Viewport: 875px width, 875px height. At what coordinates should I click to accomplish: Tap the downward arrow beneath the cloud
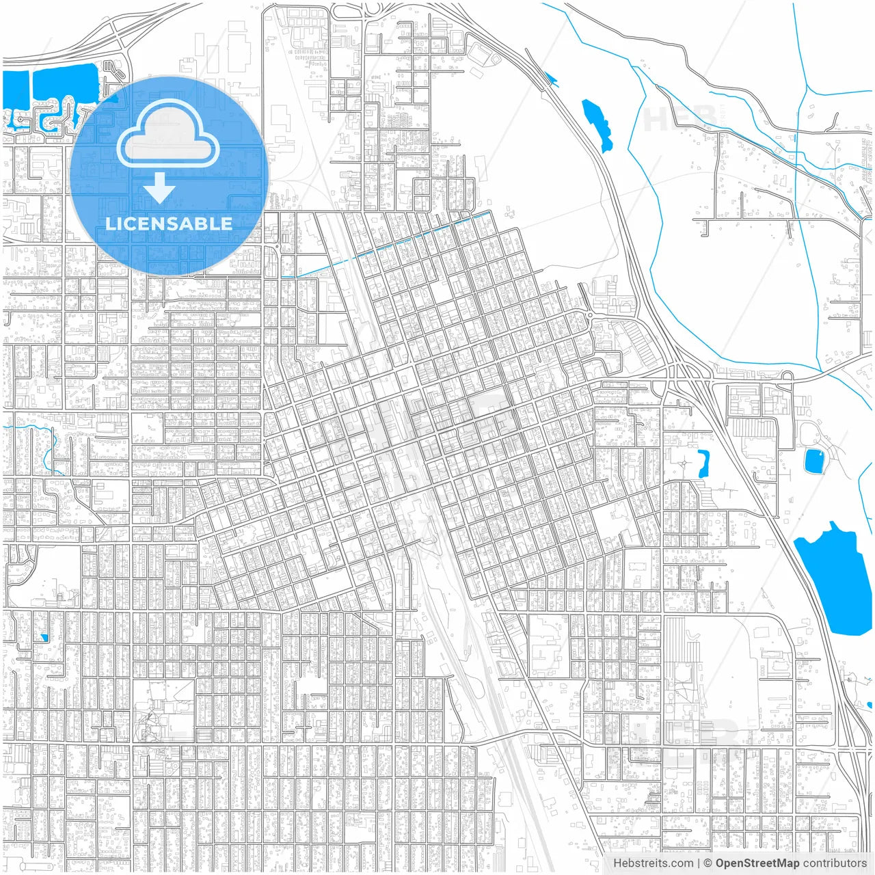point(160,188)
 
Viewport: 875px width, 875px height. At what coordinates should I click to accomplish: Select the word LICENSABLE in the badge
point(168,224)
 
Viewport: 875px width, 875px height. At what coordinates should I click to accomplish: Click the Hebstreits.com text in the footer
point(652,863)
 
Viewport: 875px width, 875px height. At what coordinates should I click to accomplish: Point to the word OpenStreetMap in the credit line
point(757,863)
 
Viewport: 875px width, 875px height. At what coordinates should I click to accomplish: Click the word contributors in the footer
point(835,863)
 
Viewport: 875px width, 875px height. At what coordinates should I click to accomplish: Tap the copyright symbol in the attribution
point(708,863)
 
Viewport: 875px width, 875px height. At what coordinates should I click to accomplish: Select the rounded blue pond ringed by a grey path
point(813,461)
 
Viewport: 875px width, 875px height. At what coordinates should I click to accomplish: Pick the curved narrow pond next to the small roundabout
point(702,463)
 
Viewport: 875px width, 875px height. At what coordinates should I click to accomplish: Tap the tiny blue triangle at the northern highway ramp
point(551,80)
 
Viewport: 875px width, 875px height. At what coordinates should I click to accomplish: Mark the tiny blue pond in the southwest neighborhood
point(44,638)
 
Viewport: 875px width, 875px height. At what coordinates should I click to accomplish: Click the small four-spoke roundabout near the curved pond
point(684,463)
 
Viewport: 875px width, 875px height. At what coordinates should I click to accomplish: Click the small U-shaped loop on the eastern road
point(786,375)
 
